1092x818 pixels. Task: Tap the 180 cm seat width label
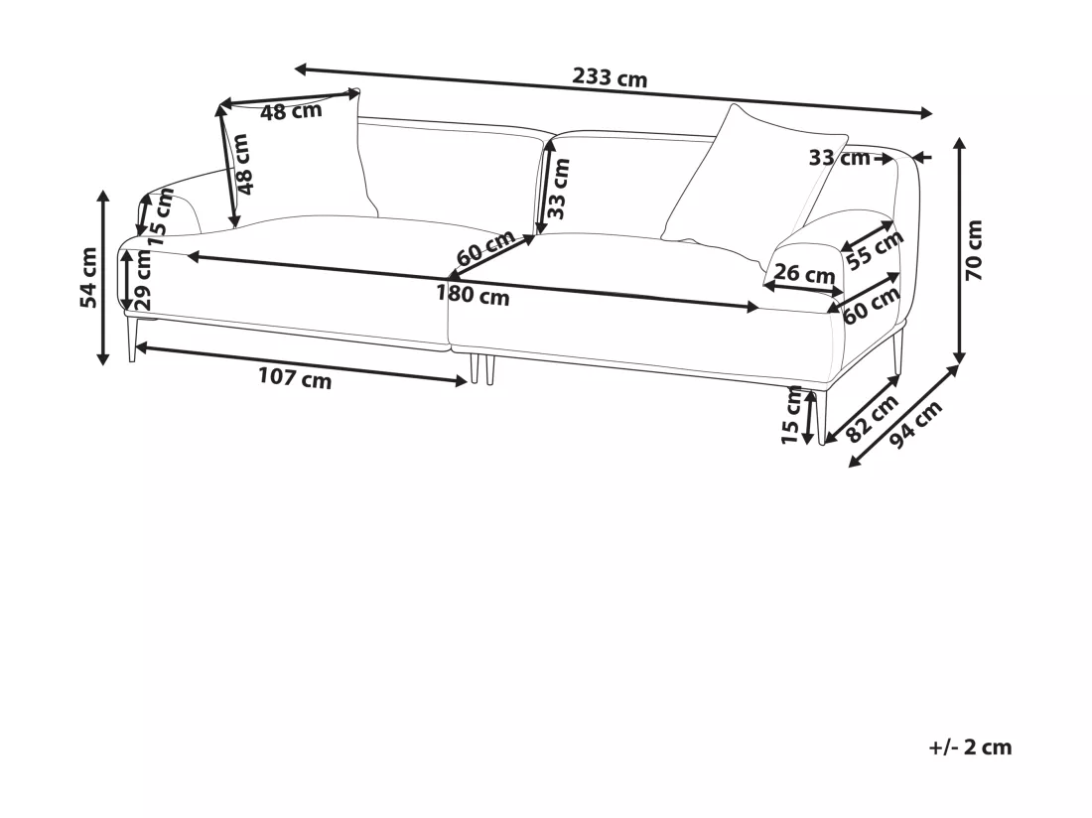pyautogui.click(x=473, y=294)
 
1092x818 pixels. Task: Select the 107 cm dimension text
pyautogui.click(x=295, y=378)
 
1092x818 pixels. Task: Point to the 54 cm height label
pyautogui.click(x=88, y=277)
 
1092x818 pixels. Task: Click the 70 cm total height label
pyautogui.click(x=974, y=250)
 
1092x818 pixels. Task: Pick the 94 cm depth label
pyautogui.click(x=916, y=424)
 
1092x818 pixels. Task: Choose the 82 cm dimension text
pyautogui.click(x=872, y=418)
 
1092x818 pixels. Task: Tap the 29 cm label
pyautogui.click(x=142, y=280)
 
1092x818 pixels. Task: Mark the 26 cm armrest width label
pyautogui.click(x=804, y=274)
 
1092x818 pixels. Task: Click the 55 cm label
pyautogui.click(x=875, y=248)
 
